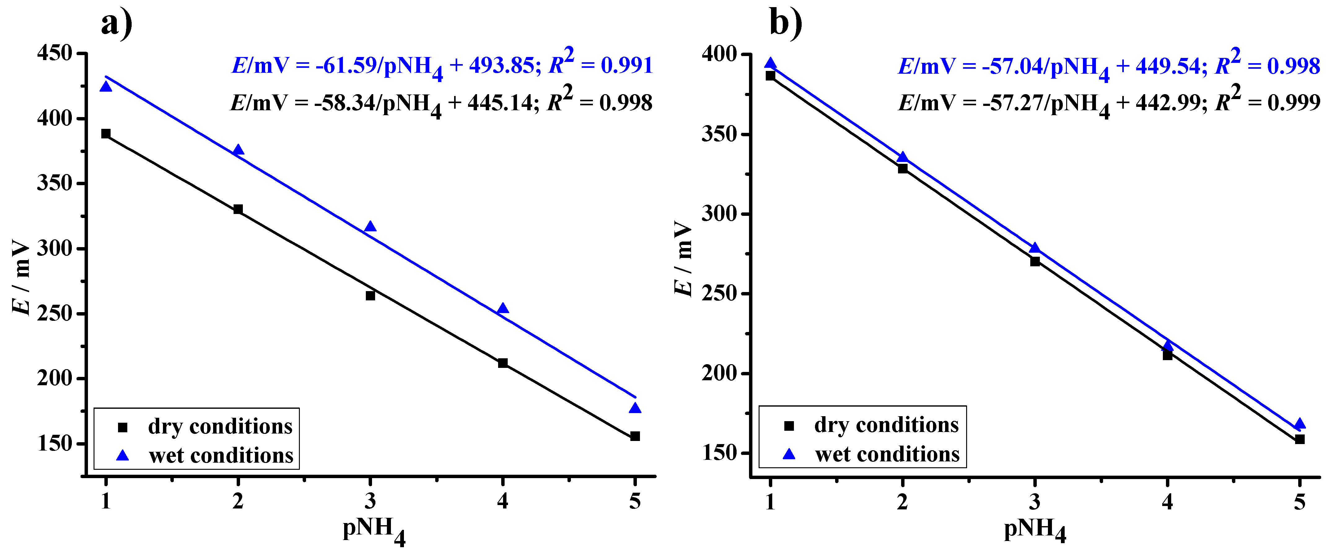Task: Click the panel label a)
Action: click(117, 23)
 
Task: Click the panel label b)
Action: click(786, 23)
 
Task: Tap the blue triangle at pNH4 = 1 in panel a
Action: click(106, 86)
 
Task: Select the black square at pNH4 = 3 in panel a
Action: click(370, 295)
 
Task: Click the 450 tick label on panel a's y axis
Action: click(55, 53)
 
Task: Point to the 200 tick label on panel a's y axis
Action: click(55, 378)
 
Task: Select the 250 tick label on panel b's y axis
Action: click(719, 294)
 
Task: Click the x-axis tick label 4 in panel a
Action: click(502, 501)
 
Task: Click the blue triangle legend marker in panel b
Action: click(789, 454)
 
